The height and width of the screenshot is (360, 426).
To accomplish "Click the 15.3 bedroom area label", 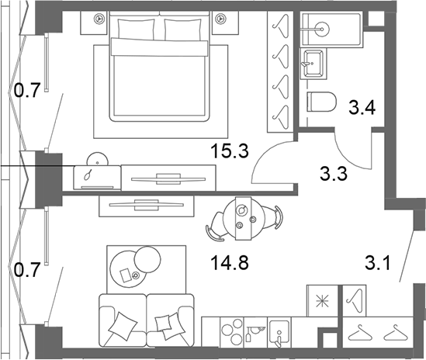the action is (x=230, y=151).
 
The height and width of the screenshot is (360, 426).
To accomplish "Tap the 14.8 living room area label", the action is (x=230, y=263).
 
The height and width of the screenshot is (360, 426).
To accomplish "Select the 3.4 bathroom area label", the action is (x=362, y=107).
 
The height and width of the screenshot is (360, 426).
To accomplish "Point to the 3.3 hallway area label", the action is (x=334, y=174).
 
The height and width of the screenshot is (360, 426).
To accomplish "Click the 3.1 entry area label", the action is (x=378, y=263).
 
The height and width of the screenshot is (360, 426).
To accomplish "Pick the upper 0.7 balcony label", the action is (x=27, y=90).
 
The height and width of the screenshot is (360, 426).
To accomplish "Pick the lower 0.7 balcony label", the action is (x=27, y=270).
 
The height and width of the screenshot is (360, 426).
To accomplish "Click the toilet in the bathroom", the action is (x=321, y=102).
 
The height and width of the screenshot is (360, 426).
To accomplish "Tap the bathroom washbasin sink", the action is (x=313, y=64).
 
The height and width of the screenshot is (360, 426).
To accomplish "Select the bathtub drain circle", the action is (x=322, y=28).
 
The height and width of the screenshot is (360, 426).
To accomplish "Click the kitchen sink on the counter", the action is (x=279, y=333).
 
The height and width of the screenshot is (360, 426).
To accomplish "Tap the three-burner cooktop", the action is (x=232, y=332).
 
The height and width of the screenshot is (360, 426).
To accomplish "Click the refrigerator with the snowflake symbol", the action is (x=322, y=301).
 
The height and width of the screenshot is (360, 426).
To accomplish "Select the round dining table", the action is (x=244, y=219).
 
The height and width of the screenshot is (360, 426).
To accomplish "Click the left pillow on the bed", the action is (x=136, y=29).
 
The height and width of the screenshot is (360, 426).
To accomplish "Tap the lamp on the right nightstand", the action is (x=220, y=19).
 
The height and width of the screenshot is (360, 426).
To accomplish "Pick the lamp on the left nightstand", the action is (x=99, y=19).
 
